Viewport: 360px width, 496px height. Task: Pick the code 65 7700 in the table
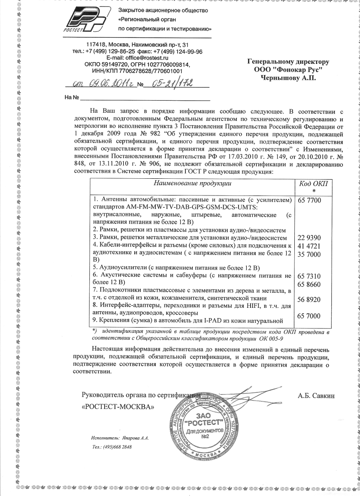click(x=309, y=200)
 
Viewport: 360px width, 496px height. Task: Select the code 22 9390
click(x=309, y=237)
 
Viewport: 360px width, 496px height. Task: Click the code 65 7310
click(x=309, y=276)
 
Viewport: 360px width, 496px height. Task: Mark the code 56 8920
click(x=309, y=299)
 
